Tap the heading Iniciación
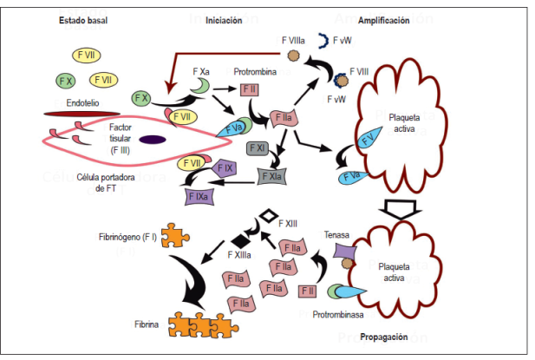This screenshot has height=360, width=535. tap(224, 20)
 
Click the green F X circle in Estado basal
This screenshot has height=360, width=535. tap(64, 81)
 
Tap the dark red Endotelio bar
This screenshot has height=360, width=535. tap(75, 113)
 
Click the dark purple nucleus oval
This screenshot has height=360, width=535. tap(153, 139)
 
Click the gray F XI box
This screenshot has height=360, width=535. tap(257, 149)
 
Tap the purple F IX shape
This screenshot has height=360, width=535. tap(225, 166)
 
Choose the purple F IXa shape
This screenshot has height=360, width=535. tap(197, 196)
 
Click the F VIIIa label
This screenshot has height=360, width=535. tap(294, 40)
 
